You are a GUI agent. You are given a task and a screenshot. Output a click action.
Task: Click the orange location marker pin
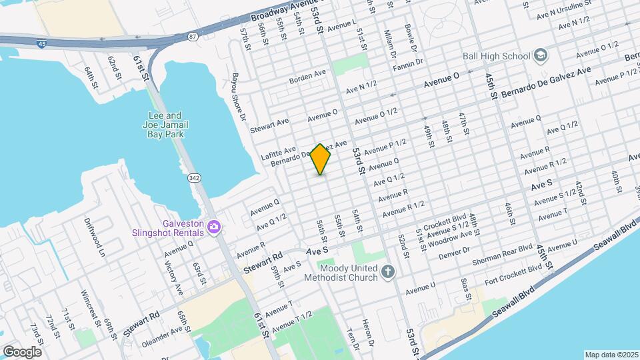[321, 159]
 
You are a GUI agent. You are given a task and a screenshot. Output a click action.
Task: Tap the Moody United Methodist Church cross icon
[389, 272]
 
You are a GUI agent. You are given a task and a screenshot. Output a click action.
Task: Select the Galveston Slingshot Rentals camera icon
[214, 228]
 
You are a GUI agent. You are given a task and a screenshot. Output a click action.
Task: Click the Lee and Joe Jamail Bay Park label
[163, 124]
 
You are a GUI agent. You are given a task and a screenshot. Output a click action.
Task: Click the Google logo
[22, 351]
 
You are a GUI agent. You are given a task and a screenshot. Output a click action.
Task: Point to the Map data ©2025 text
[611, 355]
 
